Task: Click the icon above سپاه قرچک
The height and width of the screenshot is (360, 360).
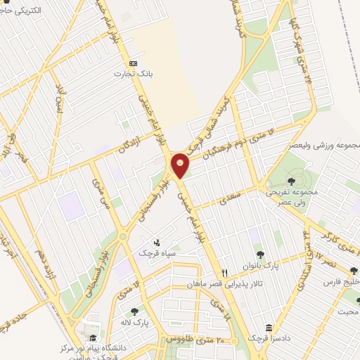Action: tap(155, 241)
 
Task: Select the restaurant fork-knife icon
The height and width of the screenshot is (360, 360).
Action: tap(225, 272)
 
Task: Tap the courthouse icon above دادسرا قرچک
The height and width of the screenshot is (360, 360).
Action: tap(269, 327)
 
